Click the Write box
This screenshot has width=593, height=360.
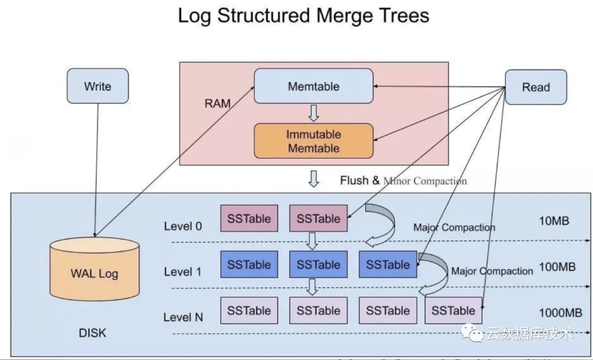click(x=97, y=86)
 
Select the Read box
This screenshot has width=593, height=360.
click(x=535, y=87)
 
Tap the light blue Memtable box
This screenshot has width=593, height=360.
click(x=313, y=86)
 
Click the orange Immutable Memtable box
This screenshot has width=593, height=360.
click(x=313, y=141)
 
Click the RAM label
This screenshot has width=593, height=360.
click(x=217, y=103)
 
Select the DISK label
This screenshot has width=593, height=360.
click(x=92, y=333)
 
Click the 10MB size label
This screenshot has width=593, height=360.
click(x=554, y=221)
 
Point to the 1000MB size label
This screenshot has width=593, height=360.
click(x=560, y=313)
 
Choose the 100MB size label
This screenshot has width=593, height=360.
click(x=557, y=267)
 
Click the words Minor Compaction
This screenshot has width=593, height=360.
click(x=425, y=181)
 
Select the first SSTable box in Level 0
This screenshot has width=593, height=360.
click(x=249, y=218)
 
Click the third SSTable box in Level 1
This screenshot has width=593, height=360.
click(x=388, y=265)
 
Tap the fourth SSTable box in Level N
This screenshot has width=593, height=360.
click(x=453, y=311)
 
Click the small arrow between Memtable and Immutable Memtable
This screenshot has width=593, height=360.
click(x=313, y=113)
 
